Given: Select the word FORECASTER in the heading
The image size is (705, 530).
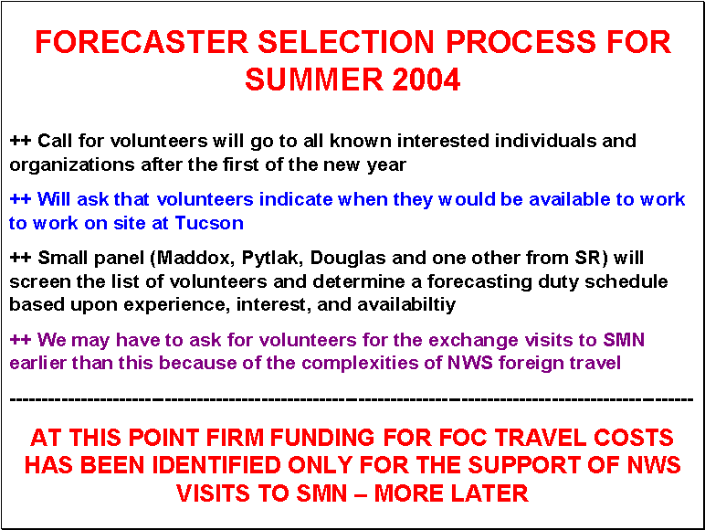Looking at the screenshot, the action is click(x=142, y=42).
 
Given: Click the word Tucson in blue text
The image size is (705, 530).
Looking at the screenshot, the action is click(x=209, y=223).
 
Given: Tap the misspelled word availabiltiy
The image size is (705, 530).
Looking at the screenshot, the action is click(x=406, y=305).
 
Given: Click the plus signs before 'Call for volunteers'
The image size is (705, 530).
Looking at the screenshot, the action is click(x=20, y=141).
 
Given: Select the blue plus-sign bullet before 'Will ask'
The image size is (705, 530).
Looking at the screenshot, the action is click(x=20, y=199).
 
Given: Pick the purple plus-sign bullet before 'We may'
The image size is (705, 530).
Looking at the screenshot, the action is click(x=20, y=339).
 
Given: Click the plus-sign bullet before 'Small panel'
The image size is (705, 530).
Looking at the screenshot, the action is click(x=20, y=258).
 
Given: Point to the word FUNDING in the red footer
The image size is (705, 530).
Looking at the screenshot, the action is click(x=322, y=438).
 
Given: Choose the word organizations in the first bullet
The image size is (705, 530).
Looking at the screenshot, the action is click(x=72, y=165).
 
